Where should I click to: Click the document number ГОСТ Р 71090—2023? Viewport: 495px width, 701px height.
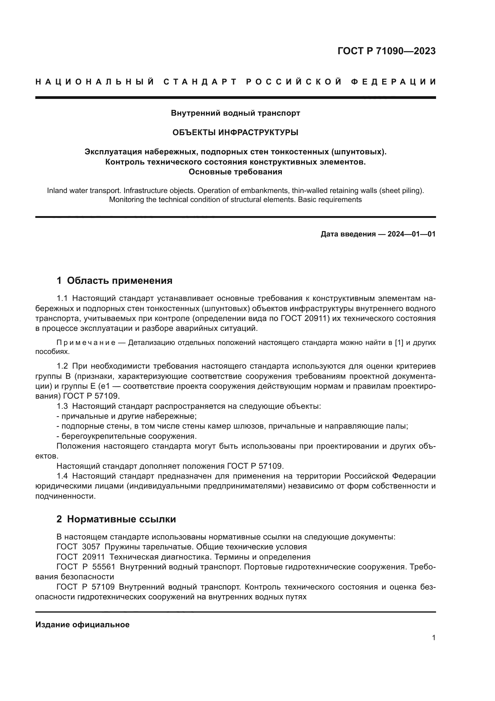[386, 51]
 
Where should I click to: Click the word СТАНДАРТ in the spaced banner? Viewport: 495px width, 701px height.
[200, 82]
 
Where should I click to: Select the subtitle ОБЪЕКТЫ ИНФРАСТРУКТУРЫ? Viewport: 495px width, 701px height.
[235, 132]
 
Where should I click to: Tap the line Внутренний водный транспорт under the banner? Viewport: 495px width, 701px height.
[235, 113]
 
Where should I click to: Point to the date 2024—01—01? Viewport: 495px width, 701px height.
[411, 234]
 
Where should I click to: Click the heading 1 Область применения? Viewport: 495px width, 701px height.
[115, 280]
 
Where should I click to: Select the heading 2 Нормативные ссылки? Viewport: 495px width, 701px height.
[116, 519]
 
